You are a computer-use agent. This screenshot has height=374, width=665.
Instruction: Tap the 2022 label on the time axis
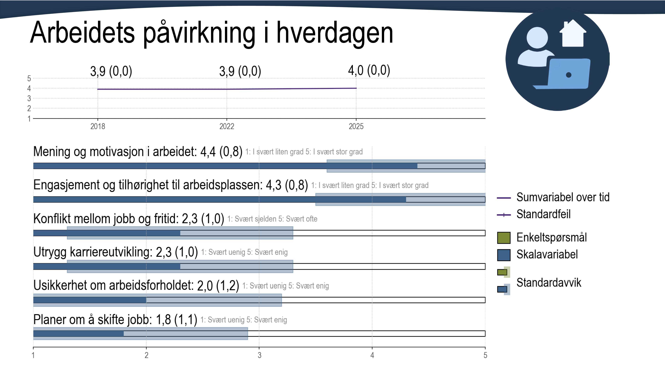(x=227, y=126)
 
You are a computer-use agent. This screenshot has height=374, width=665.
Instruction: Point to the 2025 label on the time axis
(x=356, y=126)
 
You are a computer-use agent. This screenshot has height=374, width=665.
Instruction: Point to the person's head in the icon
(x=537, y=38)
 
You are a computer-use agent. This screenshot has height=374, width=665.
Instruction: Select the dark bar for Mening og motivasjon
(x=225, y=166)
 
